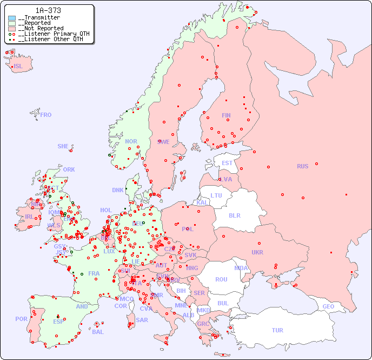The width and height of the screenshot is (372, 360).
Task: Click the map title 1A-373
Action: (x=48, y=10)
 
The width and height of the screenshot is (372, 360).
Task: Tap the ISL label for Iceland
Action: (x=18, y=67)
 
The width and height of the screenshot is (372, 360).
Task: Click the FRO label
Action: (x=46, y=115)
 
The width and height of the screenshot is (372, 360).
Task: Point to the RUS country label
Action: (x=302, y=166)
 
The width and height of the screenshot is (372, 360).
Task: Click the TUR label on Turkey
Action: (x=277, y=330)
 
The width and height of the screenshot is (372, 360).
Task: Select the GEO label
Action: (x=328, y=306)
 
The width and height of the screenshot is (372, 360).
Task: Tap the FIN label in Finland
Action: (x=226, y=115)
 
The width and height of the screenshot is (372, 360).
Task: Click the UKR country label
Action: (x=257, y=252)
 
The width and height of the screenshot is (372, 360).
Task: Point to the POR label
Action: (x=21, y=319)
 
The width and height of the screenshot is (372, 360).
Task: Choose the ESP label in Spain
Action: (x=58, y=321)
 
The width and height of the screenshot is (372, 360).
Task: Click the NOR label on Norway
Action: (x=131, y=141)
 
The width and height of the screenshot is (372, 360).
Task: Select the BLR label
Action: (x=235, y=215)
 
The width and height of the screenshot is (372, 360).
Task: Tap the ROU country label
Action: (x=221, y=279)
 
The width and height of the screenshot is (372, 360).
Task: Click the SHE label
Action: (x=63, y=146)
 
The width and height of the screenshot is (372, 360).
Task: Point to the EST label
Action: (x=227, y=163)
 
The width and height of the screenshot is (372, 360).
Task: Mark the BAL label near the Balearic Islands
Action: (x=98, y=332)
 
